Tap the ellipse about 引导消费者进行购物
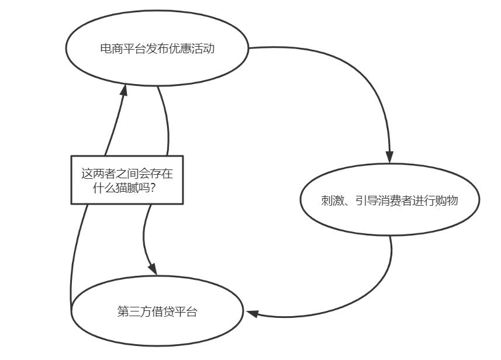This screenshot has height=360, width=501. point(390,200)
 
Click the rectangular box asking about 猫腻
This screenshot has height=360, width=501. point(127,180)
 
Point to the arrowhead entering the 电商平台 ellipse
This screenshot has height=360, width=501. point(124,89)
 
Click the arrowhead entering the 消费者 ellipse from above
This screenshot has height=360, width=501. point(389,157)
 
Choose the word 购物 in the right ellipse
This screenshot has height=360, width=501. point(447,200)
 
